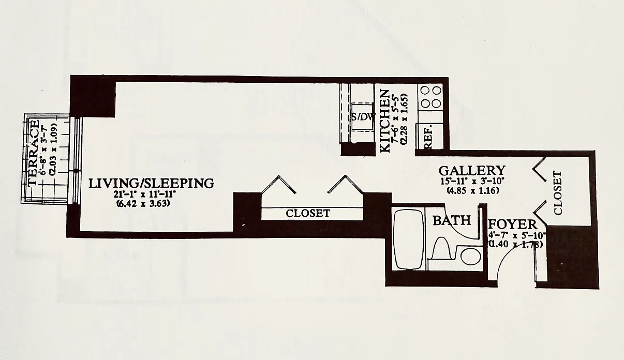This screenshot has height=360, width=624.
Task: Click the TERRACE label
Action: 34,153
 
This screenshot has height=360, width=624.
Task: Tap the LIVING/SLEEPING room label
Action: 151,183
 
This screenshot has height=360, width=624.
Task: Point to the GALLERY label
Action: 471,171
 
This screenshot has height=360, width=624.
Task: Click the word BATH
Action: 452,221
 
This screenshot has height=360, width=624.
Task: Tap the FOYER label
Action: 512,224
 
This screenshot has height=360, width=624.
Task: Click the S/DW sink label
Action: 362,117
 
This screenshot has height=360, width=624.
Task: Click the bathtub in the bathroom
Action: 409,238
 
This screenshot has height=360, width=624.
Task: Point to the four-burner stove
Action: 430,96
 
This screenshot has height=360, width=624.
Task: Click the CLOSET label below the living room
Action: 308,213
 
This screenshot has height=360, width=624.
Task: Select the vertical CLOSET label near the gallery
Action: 558,193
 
